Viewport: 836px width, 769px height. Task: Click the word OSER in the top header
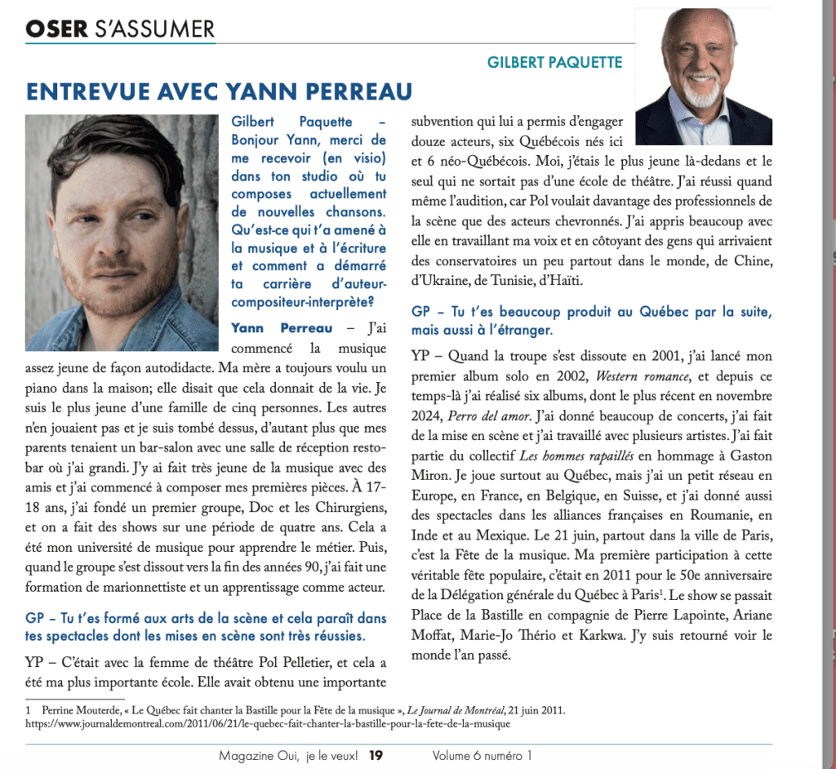[56, 29]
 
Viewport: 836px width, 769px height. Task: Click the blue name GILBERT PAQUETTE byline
[554, 62]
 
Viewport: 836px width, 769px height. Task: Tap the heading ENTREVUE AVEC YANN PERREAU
[219, 91]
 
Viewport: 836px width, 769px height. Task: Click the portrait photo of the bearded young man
[122, 232]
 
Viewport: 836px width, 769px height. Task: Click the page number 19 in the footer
[376, 756]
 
